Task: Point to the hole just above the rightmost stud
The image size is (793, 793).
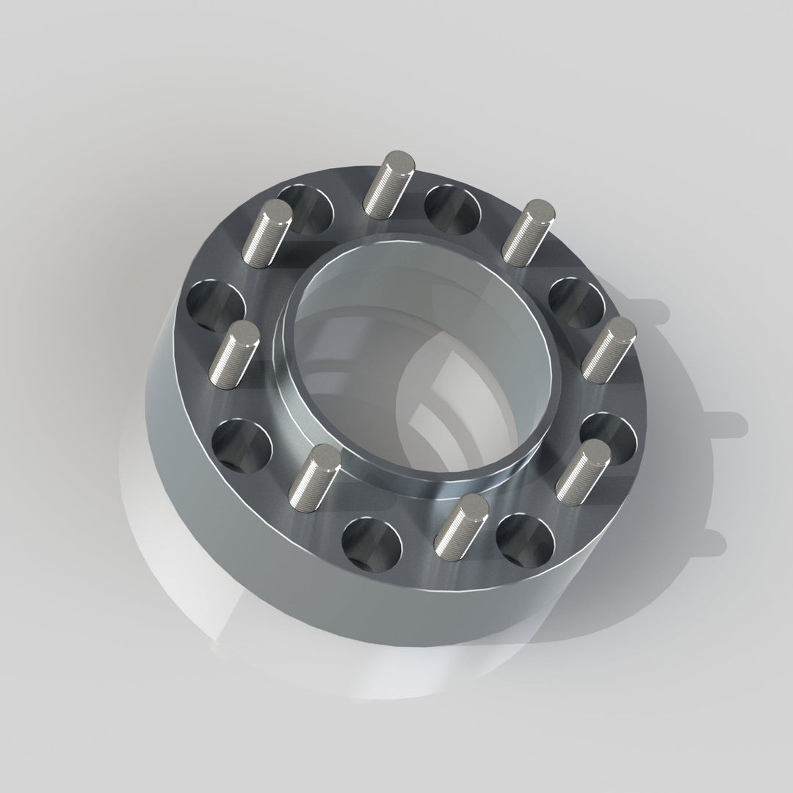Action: click(576, 301)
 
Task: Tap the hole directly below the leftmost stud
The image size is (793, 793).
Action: click(242, 443)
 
